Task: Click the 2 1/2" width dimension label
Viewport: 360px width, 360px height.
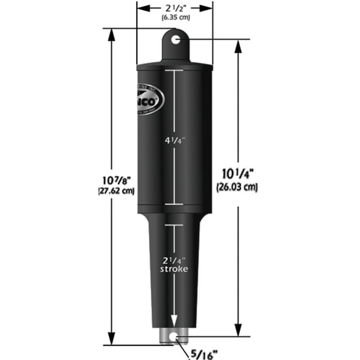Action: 175,8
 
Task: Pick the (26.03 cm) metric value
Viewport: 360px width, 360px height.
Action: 240,187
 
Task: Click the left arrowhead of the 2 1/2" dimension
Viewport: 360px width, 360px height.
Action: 141,8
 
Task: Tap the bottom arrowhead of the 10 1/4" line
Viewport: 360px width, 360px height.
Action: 238,333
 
